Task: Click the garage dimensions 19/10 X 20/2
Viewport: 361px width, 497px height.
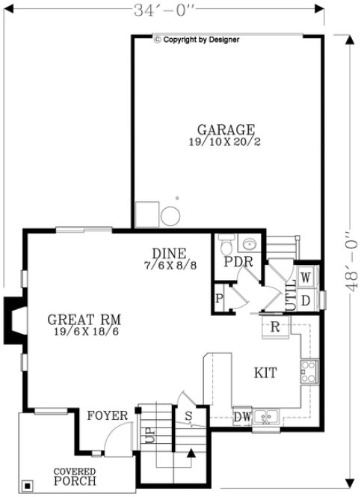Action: (226, 141)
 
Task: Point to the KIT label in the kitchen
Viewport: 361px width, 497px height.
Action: (266, 371)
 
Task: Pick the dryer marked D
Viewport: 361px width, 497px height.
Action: (306, 300)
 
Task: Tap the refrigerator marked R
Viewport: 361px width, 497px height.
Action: (274, 326)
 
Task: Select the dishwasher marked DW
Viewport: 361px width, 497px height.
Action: (241, 416)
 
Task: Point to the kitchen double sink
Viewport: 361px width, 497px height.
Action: (265, 416)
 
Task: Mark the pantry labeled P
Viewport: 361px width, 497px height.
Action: (220, 296)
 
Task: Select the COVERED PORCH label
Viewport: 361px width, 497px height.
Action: (74, 476)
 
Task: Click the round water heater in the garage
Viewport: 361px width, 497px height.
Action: (170, 215)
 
